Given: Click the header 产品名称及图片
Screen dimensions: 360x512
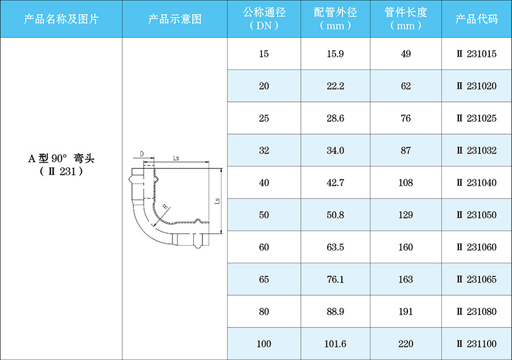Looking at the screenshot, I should [61, 19].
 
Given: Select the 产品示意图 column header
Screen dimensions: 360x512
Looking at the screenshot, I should [175, 19].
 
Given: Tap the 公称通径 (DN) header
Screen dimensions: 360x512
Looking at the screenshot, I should [264, 19].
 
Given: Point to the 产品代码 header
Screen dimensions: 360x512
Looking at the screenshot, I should [476, 19].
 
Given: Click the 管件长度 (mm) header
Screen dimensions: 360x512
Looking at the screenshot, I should [406, 19].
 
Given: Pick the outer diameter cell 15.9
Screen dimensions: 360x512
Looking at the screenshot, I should [335, 54].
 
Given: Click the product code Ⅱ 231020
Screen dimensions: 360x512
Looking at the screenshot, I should [476, 86].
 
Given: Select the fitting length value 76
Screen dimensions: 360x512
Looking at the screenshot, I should [406, 118].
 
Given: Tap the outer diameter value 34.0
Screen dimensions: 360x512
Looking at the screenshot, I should [335, 151].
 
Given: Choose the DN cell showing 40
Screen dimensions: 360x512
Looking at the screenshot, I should [264, 183].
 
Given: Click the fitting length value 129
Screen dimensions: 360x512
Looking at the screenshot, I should [406, 215].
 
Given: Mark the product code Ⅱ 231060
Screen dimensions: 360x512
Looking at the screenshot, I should [476, 247].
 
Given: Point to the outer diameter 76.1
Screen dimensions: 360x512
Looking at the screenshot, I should [335, 279].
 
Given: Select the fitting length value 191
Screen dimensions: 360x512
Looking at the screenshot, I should [406, 312].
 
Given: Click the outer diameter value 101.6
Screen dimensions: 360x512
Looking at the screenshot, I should [335, 344].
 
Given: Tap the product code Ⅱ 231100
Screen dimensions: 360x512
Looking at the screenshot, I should [476, 344].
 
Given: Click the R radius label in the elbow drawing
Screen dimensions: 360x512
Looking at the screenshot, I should [164, 206].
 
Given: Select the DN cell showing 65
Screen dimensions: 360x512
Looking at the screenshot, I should [264, 279].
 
